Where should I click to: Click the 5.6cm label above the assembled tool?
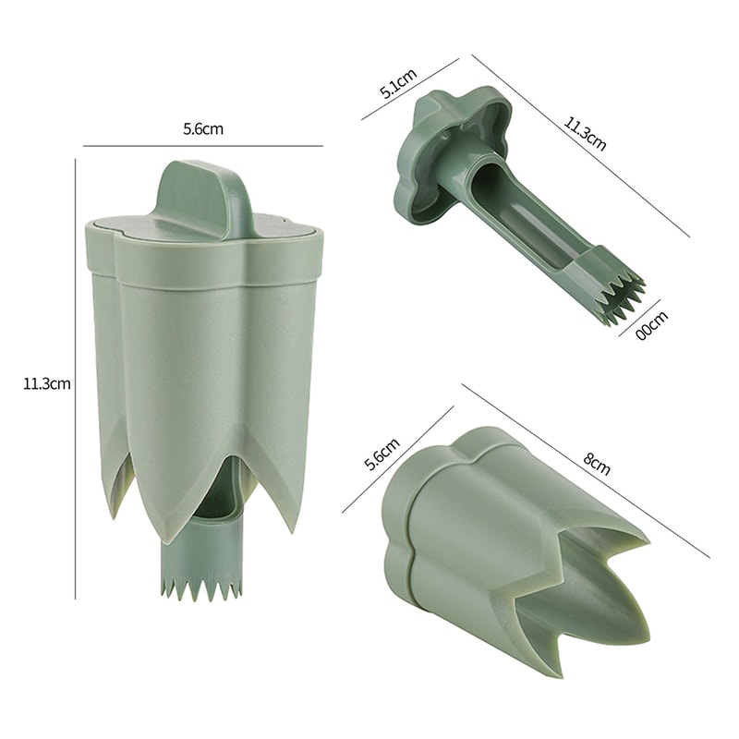click(203, 129)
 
